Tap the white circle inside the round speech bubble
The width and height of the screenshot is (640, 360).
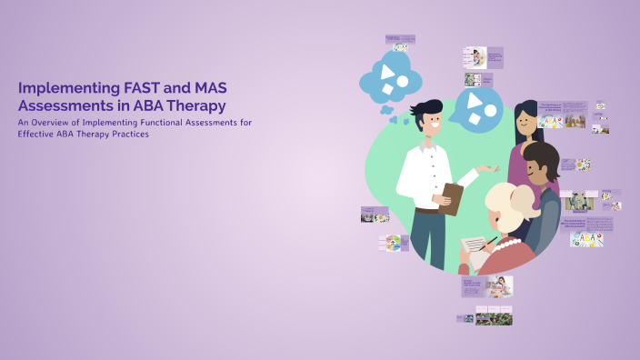[x=490, y=112]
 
